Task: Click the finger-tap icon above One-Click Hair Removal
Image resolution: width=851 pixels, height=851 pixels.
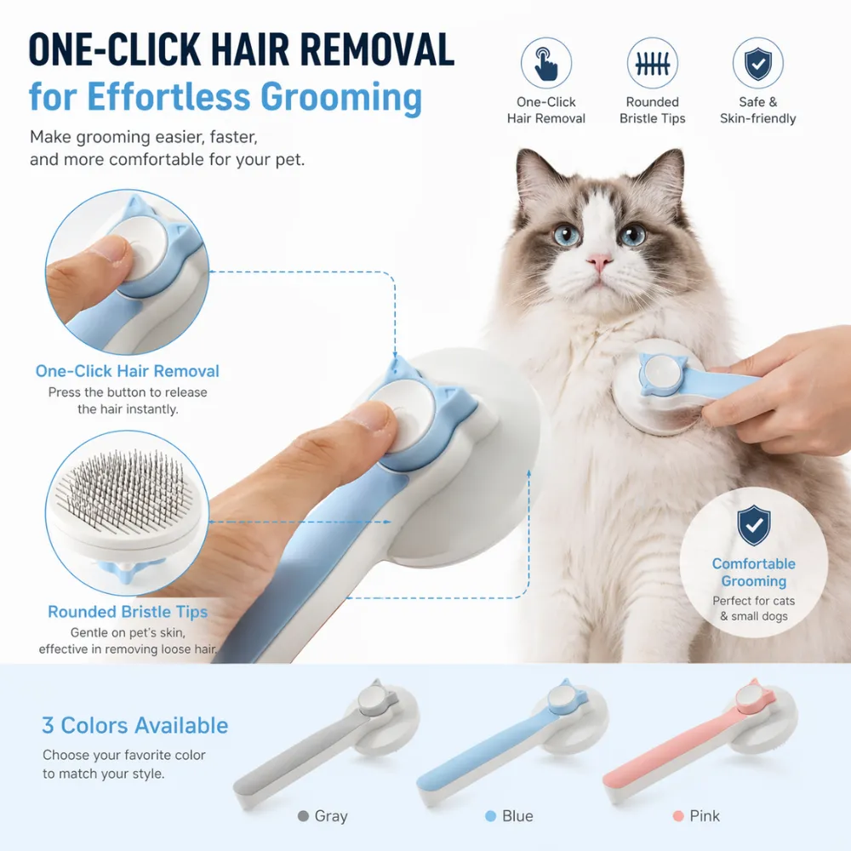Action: pos(545,63)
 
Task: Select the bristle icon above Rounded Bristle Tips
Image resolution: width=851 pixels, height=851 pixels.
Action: pos(652,63)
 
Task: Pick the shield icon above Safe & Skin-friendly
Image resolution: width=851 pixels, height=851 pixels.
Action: pos(757,63)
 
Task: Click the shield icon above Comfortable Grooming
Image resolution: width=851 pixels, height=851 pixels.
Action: pos(753,526)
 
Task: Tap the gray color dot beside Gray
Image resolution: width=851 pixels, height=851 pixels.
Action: pos(303,816)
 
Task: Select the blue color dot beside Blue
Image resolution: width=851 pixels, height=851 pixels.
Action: pos(490,816)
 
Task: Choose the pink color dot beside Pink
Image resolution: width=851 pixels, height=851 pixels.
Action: pos(677,816)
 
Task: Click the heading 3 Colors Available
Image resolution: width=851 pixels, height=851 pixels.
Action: pos(135,726)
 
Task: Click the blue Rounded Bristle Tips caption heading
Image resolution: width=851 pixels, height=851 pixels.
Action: pos(128,612)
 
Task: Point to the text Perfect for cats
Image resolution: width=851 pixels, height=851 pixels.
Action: pos(753,601)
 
